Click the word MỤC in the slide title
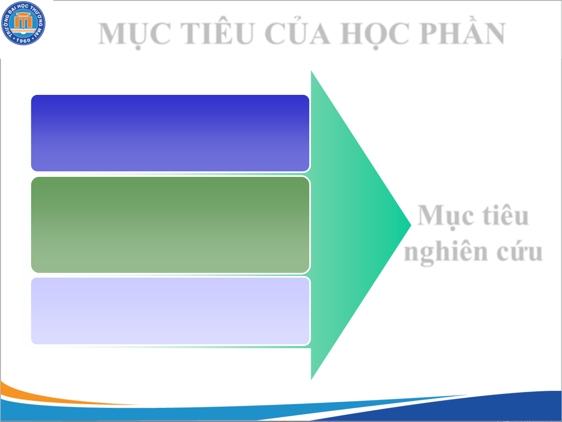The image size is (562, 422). [x=135, y=34]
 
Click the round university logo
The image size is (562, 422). [x=23, y=23]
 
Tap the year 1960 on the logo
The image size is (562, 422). [x=23, y=40]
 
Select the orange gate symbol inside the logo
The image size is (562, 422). [x=23, y=21]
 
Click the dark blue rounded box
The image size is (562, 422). [x=170, y=133]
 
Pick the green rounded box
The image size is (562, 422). [x=170, y=225]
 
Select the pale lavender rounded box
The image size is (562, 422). [x=170, y=311]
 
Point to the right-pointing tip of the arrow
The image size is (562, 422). [x=411, y=225]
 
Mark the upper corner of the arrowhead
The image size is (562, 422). [x=311, y=71]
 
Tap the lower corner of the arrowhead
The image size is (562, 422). [x=311, y=380]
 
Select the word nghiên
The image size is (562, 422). [x=446, y=253]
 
